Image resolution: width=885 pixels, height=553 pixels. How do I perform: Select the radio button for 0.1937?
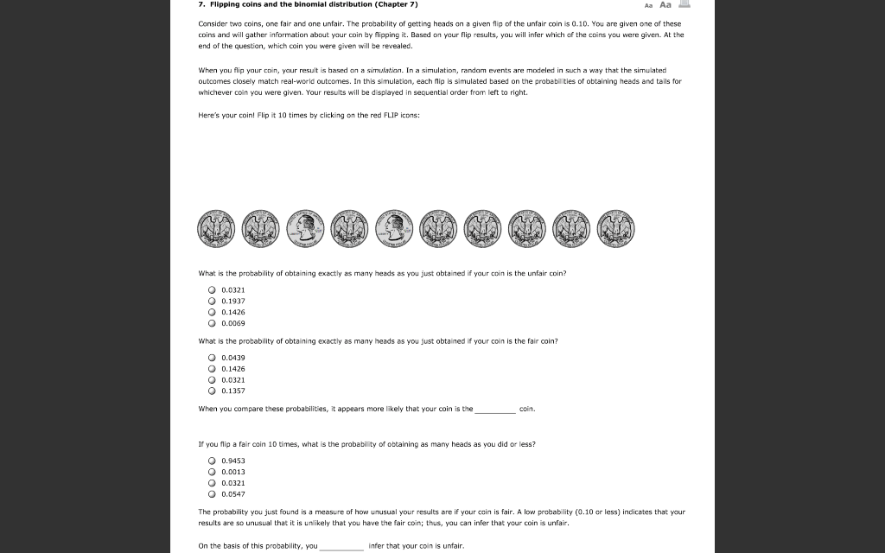tap(212, 301)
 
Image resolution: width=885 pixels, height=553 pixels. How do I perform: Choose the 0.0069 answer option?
tap(212, 323)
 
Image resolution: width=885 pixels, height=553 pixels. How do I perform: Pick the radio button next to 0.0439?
tap(212, 358)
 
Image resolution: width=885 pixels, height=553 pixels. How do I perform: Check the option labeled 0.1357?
tap(212, 391)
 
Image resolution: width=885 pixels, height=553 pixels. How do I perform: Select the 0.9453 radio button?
tap(212, 461)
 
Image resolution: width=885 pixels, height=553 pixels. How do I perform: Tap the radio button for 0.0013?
tap(212, 472)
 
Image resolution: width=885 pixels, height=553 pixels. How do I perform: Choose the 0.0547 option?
tap(212, 494)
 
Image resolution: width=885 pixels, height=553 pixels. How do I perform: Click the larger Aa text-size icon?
tap(665, 4)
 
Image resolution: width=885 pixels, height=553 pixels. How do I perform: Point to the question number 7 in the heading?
tap(201, 4)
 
